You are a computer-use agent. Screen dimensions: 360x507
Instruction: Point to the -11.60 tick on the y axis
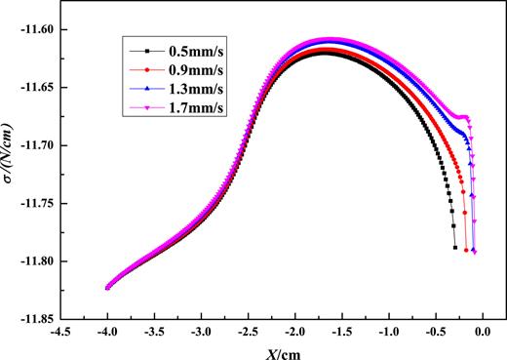38,30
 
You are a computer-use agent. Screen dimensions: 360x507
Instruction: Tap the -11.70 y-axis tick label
38,145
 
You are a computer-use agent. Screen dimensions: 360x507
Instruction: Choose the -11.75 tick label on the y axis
38,204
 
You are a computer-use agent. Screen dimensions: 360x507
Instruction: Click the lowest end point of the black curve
454,248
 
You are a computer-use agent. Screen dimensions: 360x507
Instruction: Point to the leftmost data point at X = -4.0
107,288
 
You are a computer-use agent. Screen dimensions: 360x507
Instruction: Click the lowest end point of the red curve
466,251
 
